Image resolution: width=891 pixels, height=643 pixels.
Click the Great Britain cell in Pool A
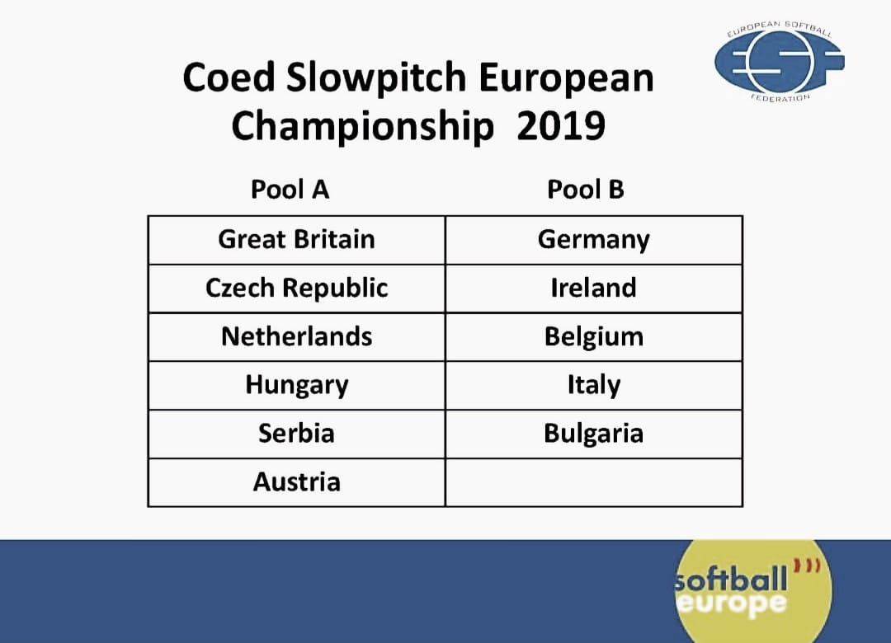[296, 240]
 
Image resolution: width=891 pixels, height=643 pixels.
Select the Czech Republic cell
[296, 288]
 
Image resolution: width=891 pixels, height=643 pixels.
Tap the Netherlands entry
[296, 337]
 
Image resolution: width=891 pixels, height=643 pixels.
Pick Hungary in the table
[296, 385]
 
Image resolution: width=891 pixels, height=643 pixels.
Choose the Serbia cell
[296, 434]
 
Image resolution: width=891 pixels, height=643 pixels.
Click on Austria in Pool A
[296, 482]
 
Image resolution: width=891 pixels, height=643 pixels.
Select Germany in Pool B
[594, 240]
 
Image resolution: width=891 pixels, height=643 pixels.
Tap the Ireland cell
[594, 288]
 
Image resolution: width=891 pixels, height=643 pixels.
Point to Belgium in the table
[594, 337]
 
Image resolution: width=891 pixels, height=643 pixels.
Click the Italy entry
[594, 385]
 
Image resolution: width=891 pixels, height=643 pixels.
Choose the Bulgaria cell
[594, 434]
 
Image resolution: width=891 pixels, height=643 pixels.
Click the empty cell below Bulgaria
[594, 482]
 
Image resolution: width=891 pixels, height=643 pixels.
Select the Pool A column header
[290, 189]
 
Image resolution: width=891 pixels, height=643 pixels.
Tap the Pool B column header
[585, 189]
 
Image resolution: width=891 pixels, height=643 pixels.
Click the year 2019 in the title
[561, 126]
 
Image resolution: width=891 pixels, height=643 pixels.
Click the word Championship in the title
[362, 127]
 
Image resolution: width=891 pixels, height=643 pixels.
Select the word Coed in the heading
[229, 77]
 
